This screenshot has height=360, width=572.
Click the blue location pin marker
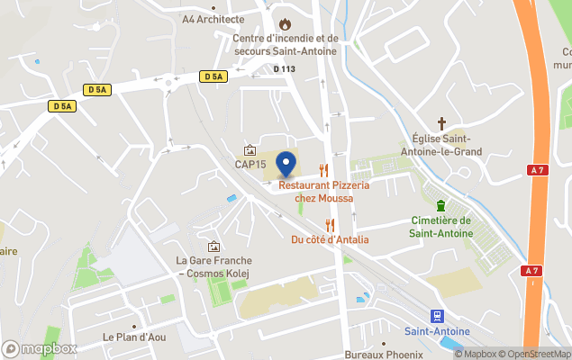(286, 165)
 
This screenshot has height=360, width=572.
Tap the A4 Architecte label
(213, 18)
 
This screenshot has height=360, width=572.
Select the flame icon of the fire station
(286, 23)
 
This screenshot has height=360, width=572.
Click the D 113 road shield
(284, 67)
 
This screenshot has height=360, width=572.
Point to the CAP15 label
(250, 165)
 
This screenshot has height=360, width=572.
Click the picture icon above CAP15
(250, 150)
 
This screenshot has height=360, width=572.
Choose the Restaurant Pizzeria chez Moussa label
(324, 192)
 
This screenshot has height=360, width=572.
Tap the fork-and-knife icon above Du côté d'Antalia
(330, 224)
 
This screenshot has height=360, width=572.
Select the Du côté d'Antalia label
(330, 239)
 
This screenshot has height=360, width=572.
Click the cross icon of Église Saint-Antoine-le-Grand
(441, 122)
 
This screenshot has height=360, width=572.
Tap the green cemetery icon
(440, 205)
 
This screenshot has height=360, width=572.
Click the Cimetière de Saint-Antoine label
(440, 227)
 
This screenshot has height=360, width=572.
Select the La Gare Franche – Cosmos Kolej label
(213, 267)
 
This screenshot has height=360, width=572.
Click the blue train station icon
(437, 316)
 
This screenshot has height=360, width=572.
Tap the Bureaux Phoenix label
(383, 355)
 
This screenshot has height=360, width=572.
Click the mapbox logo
(40, 348)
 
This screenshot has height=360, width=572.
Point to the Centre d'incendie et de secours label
(285, 45)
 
